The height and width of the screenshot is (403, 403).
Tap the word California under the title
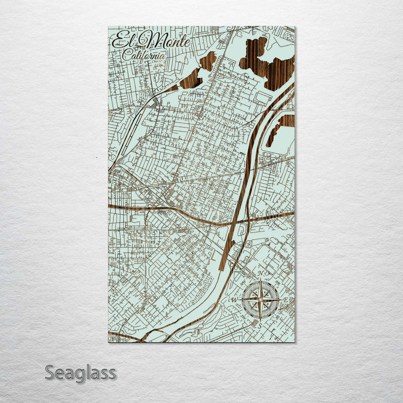[x=144, y=55]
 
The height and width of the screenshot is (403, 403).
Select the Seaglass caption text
[x=81, y=372]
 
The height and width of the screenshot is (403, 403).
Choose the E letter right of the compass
[x=286, y=301]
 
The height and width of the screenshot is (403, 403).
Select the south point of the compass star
[x=261, y=320]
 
